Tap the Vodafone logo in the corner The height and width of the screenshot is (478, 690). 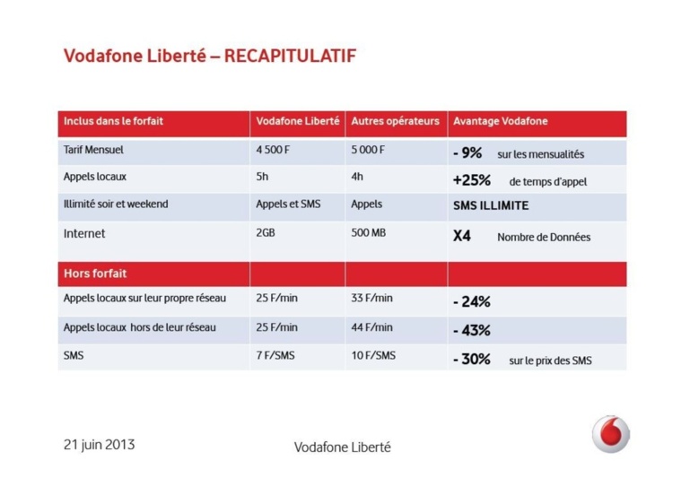(x=610, y=434)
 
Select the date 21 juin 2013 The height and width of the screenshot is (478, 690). (x=99, y=444)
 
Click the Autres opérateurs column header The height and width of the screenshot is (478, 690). (x=395, y=121)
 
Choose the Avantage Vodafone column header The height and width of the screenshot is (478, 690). (x=500, y=121)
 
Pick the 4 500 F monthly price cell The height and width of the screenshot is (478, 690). (x=275, y=150)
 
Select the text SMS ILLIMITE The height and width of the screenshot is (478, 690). (x=491, y=205)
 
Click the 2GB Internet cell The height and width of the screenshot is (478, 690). (x=266, y=233)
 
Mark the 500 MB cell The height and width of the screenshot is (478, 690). (x=369, y=233)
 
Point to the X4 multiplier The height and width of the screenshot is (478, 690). (x=462, y=236)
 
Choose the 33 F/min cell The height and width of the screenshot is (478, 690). (x=371, y=298)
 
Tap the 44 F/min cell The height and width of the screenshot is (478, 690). (x=371, y=327)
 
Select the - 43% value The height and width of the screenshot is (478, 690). (x=472, y=330)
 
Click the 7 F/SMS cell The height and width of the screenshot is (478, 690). (x=275, y=356)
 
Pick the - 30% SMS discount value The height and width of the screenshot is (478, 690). (x=472, y=360)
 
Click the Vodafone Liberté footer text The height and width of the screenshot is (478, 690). (x=342, y=447)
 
